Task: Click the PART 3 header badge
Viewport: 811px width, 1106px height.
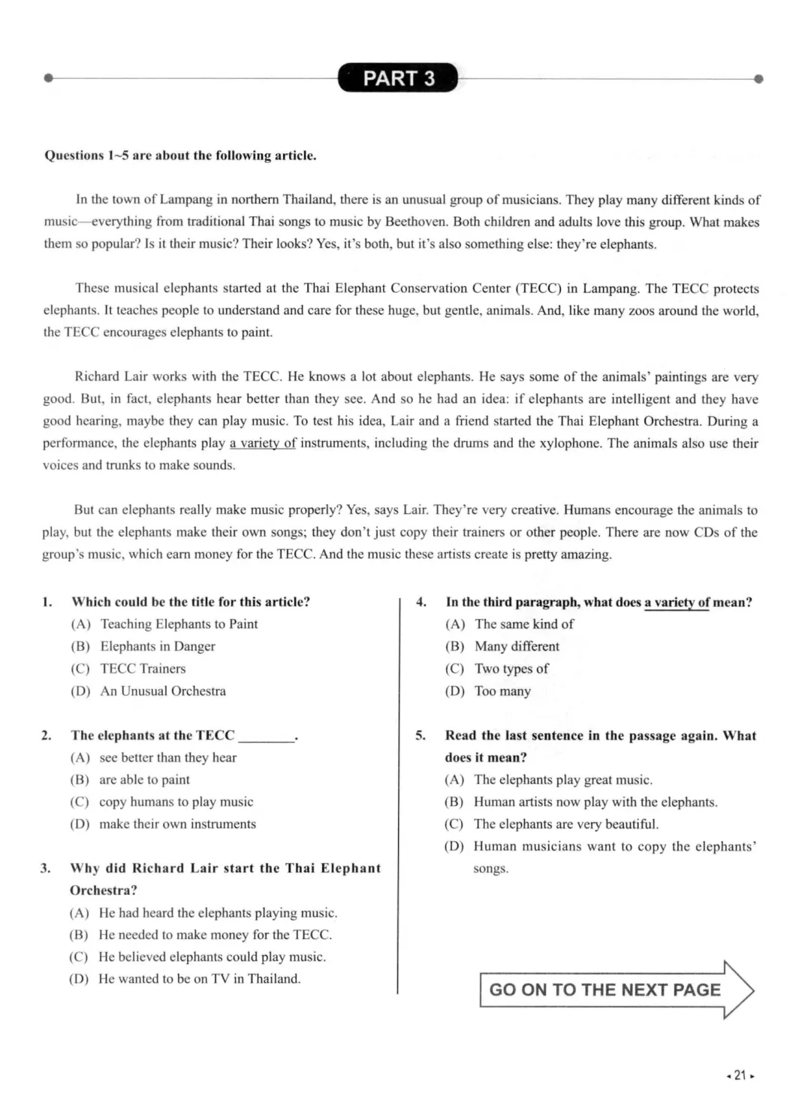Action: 398,78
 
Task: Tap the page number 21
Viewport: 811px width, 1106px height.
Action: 740,1075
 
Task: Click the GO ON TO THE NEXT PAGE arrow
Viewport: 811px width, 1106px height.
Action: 616,990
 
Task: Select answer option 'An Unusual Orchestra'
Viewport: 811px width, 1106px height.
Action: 162,690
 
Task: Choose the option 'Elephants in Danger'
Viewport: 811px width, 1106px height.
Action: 157,646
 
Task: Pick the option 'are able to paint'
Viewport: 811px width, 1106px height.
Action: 144,779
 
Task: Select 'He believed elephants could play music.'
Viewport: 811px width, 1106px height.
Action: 211,956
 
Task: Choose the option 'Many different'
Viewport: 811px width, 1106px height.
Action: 517,646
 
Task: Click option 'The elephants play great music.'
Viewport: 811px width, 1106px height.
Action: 562,779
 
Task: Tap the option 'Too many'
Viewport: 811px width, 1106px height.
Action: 502,690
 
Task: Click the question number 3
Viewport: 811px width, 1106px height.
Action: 46,868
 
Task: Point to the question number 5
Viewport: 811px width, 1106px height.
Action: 421,736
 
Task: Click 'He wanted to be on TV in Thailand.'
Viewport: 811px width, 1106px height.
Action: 199,978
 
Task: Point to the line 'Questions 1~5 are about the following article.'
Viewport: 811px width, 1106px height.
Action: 180,156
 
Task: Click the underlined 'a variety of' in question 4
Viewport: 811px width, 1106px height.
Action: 677,602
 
